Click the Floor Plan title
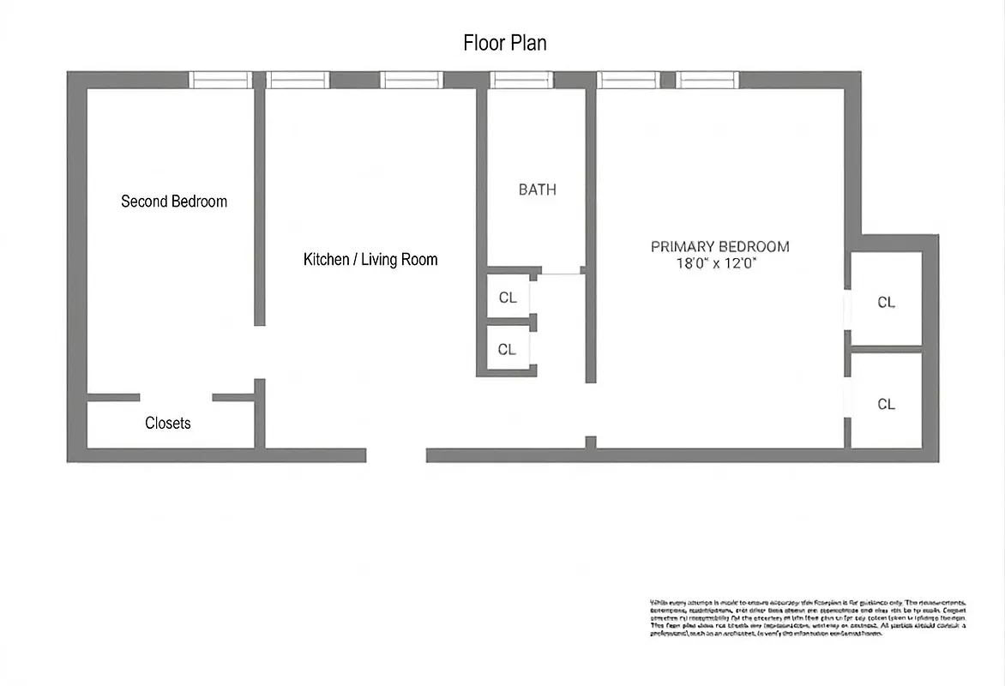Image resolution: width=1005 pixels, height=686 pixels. (x=505, y=43)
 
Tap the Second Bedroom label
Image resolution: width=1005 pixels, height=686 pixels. (x=174, y=202)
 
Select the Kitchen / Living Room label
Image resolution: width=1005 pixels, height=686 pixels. (x=370, y=259)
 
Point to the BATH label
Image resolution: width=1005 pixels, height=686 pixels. (x=538, y=190)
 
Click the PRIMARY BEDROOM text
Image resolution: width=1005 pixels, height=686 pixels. (x=719, y=247)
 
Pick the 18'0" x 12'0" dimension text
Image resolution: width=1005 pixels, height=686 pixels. (x=716, y=265)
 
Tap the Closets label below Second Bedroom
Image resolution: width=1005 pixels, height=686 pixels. (x=168, y=424)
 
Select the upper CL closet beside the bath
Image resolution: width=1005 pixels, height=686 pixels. (x=508, y=298)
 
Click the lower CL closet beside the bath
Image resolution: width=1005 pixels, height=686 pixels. (x=507, y=349)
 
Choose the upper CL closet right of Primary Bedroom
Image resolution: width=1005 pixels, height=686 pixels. (x=887, y=302)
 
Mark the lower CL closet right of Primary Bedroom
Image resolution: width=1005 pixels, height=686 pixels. (x=887, y=404)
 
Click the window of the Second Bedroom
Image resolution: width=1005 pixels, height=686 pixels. (x=220, y=80)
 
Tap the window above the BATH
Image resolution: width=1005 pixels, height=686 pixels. (x=521, y=80)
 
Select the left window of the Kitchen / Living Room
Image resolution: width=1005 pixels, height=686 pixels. (x=298, y=80)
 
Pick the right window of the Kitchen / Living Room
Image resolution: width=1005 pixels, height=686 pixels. (x=412, y=80)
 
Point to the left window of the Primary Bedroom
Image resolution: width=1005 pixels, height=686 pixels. (x=628, y=80)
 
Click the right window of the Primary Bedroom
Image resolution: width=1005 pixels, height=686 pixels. (x=707, y=80)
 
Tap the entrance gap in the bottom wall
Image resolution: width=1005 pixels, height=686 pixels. (x=396, y=455)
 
